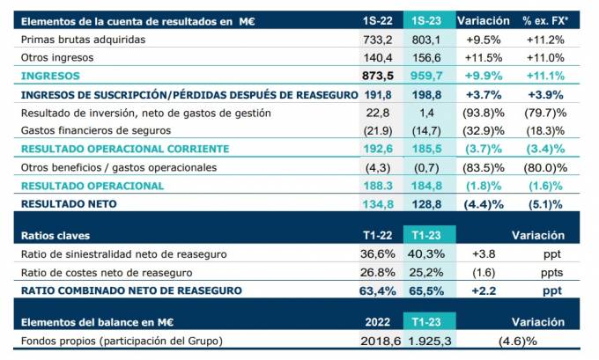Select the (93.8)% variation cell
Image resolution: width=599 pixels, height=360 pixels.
coord(484,113)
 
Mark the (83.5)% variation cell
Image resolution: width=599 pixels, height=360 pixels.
coord(484,167)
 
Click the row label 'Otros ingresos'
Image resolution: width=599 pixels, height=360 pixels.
coord(57,57)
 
